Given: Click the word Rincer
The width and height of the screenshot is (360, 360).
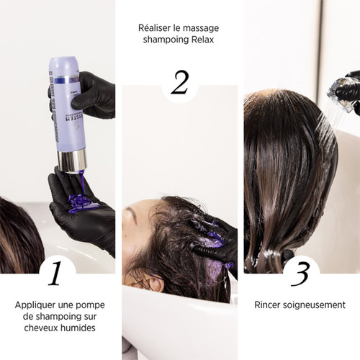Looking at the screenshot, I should coord(269,305).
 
